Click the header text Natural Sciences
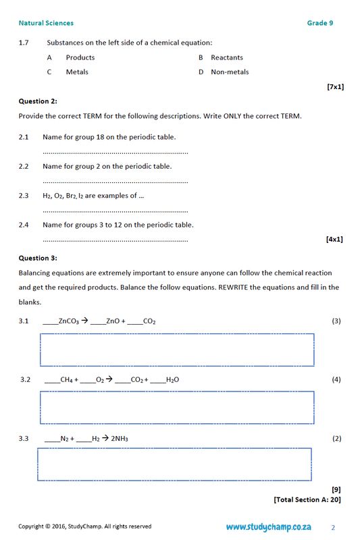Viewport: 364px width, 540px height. (46, 23)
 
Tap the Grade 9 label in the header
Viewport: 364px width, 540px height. (319, 23)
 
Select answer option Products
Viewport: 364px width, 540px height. (80, 57)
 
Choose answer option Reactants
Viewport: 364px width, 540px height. (226, 57)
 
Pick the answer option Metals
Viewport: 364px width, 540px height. (77, 72)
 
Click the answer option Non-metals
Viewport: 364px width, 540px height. (230, 72)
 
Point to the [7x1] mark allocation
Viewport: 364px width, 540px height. (334, 86)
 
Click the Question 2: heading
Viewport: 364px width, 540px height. (38, 101)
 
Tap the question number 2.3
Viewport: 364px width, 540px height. (24, 196)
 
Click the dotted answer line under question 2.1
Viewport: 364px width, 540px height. (115, 153)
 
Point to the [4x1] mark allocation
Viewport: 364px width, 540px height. (334, 239)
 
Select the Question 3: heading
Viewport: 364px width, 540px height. (38, 258)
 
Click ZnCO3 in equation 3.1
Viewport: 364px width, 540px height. (68, 321)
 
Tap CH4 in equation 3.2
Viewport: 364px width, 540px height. (66, 380)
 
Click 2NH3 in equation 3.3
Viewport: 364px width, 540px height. (120, 439)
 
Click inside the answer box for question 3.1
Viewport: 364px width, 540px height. (177, 349)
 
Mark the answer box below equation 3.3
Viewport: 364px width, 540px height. (174, 464)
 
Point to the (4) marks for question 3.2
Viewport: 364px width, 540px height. (336, 379)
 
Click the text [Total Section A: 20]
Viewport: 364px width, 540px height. (307, 500)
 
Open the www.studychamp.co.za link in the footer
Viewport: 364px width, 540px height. (268, 526)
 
